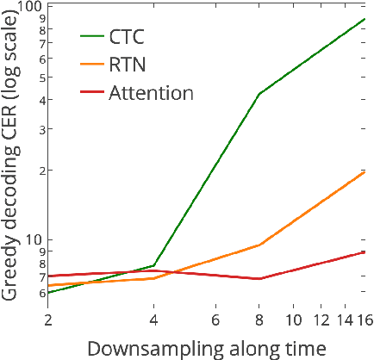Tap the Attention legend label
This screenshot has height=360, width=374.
coord(151,92)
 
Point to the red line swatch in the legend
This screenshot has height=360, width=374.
coord(91,92)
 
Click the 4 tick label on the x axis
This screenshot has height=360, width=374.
coord(153,318)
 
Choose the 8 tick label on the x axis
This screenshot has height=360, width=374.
coord(259,318)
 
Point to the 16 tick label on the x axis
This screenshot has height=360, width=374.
coord(365,318)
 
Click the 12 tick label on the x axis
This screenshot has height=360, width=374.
coord(321,318)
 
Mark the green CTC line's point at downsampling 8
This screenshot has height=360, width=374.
coord(259,94)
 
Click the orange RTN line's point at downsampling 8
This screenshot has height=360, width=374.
coord(259,245)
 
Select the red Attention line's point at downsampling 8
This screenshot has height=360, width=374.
coord(259,279)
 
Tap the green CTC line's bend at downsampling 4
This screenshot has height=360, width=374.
coord(153,265)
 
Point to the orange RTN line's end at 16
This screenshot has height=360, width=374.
coord(365,172)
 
